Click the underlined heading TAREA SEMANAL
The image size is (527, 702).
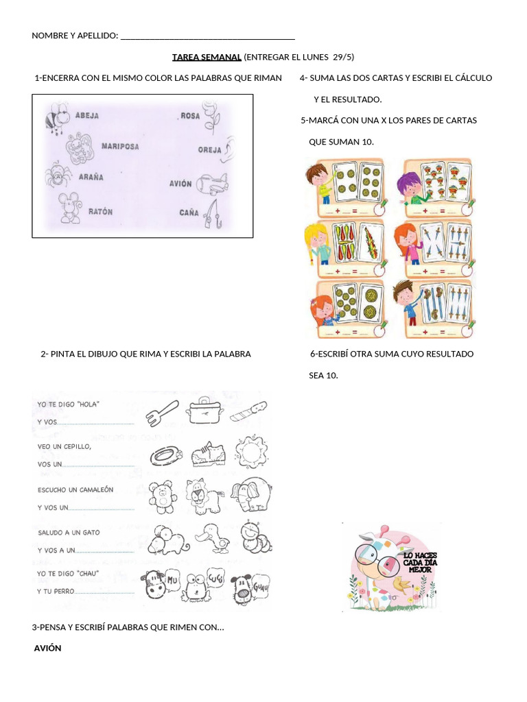(207, 57)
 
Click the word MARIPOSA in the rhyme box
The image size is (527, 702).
(120, 146)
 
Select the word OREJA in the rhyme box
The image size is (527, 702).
(209, 149)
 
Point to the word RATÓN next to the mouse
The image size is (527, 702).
(100, 212)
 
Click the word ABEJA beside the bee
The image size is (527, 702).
(87, 116)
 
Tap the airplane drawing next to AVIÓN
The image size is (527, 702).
(211, 184)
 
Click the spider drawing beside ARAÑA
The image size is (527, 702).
(58, 176)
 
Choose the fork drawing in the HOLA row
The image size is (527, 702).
(162, 412)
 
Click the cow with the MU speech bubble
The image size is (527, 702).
(159, 583)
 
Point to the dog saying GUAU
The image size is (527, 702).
(250, 587)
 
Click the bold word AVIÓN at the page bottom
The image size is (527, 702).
(48, 649)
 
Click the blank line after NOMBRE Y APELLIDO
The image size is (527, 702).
(207, 36)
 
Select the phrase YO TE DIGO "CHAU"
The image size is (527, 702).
(69, 573)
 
